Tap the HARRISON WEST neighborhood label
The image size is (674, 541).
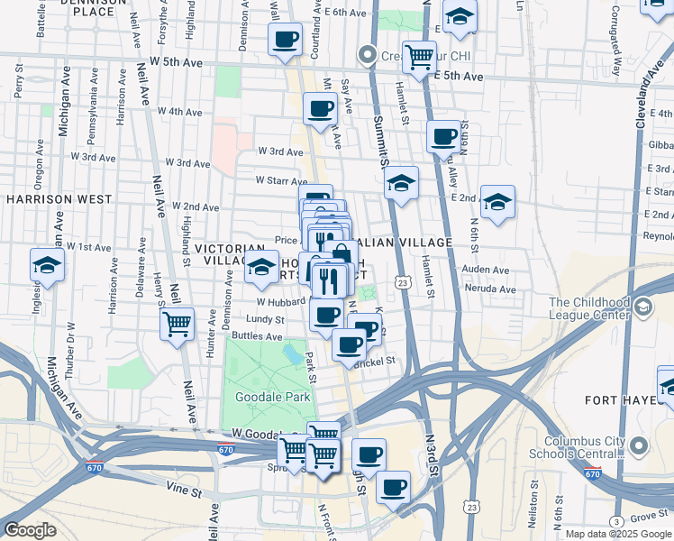[x=59, y=199]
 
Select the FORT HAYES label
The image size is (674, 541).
[x=636, y=400]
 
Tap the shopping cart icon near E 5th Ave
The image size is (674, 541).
[x=419, y=57]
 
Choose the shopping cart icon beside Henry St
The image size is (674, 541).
[x=178, y=322]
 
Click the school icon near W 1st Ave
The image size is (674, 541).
[x=48, y=264]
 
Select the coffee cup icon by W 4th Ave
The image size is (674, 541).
[x=322, y=109]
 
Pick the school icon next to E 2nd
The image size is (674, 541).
[x=496, y=202]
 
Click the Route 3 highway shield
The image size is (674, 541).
[x=615, y=522]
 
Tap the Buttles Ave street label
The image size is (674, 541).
[x=257, y=335]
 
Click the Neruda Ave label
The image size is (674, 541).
[x=493, y=289]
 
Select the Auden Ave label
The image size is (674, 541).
[x=486, y=270]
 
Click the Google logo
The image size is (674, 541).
[x=30, y=530]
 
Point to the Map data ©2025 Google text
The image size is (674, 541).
[x=617, y=534]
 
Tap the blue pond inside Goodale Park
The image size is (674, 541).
[x=293, y=352]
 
